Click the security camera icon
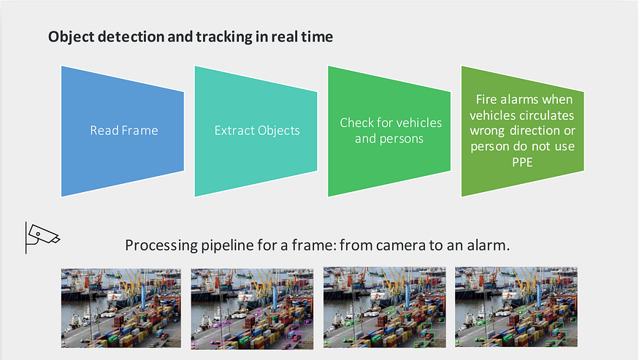(x=42, y=234)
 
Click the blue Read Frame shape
(x=122, y=131)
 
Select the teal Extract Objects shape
(x=256, y=131)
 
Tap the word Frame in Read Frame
(x=141, y=131)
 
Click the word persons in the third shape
(x=399, y=138)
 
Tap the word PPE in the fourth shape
(x=524, y=163)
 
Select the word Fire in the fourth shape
(x=487, y=99)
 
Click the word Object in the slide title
(x=71, y=37)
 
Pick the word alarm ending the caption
(x=487, y=245)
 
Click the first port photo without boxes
(x=120, y=307)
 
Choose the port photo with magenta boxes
(x=252, y=307)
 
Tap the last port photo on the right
(x=515, y=307)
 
